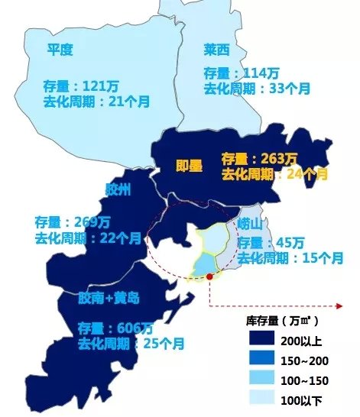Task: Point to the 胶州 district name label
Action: (x=118, y=190)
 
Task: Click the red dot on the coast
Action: (x=209, y=277)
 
